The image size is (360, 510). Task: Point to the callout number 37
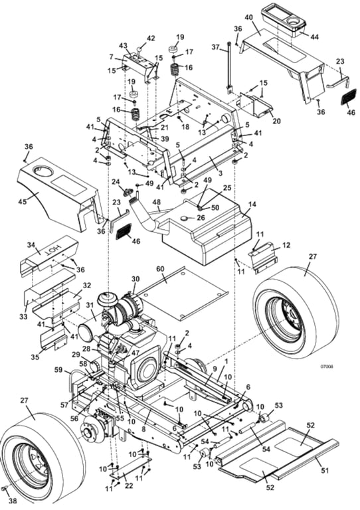pos(215,47)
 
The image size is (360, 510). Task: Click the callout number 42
pos(150,38)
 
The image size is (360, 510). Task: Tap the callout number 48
pos(156,202)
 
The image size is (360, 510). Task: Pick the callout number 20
pos(277,121)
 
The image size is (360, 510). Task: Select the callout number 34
pos(29,244)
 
